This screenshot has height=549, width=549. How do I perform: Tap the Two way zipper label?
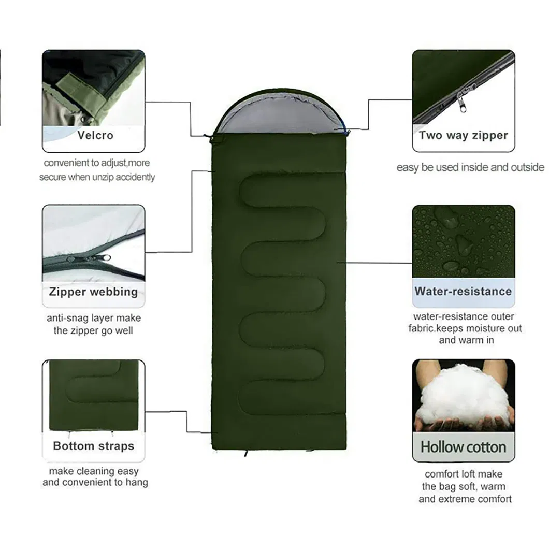(x=463, y=136)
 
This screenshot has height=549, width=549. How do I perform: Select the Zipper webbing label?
(x=93, y=291)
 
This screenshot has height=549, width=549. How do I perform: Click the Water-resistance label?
(x=463, y=291)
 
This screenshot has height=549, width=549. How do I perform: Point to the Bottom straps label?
(x=93, y=446)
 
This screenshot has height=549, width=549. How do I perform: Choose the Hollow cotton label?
(x=463, y=446)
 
